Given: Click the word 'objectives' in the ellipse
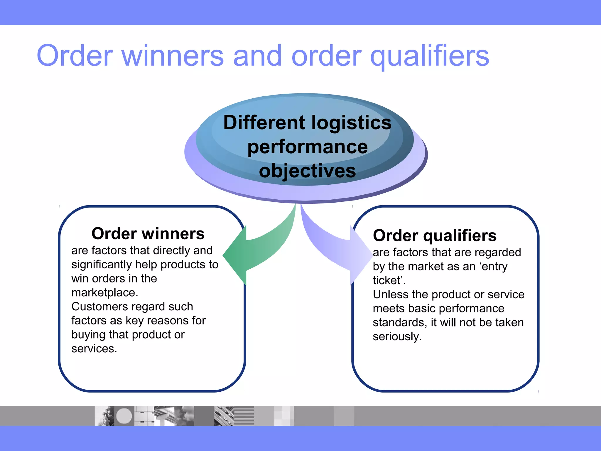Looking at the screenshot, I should point(307,171).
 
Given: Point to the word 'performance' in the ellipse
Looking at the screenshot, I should point(307,147).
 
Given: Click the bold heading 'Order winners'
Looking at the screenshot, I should point(148,234).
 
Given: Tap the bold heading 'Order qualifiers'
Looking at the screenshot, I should point(435,236).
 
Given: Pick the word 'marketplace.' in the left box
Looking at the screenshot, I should point(104,293).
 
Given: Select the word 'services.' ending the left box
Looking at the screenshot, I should point(94,349).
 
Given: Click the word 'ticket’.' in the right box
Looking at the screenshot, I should point(389,280).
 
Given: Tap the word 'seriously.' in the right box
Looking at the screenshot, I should point(397,336).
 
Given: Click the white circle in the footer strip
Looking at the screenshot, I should point(124,416).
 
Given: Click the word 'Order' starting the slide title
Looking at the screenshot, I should point(75,56).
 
